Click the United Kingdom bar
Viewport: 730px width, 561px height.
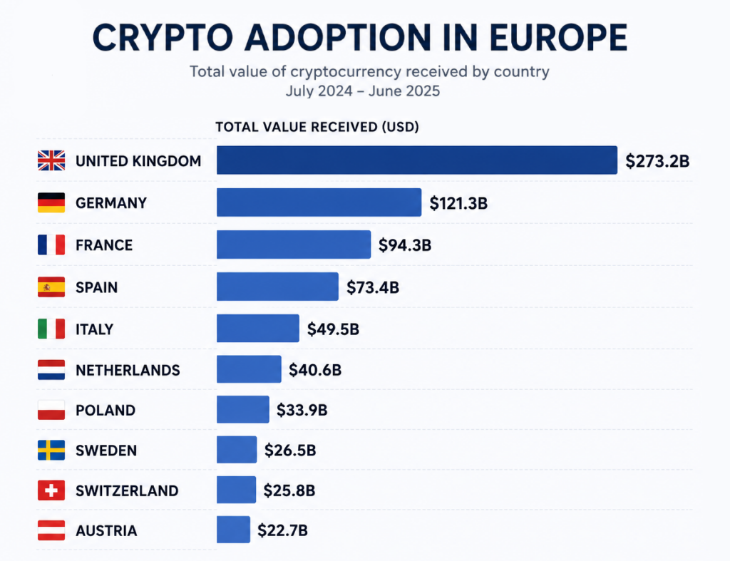[416, 160]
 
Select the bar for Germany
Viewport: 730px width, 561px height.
[319, 202]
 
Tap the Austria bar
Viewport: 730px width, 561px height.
[233, 530]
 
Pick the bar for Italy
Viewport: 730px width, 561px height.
[258, 328]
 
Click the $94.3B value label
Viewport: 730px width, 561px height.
[405, 245]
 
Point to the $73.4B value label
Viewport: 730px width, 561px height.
[372, 287]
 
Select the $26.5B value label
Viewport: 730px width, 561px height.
[290, 451]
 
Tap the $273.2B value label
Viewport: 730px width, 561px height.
[657, 161]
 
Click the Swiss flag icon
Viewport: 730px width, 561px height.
[51, 490]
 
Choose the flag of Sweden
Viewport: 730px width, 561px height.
[51, 451]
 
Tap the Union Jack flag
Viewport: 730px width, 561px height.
[51, 160]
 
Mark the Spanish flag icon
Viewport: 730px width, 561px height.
[51, 287]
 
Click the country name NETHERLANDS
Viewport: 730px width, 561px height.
[128, 370]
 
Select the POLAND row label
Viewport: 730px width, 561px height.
[106, 410]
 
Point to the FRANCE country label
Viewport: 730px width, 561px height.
[104, 245]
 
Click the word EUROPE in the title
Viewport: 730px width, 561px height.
[558, 38]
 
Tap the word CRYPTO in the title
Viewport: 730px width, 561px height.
[163, 38]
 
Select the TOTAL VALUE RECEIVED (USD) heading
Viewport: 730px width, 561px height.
[317, 127]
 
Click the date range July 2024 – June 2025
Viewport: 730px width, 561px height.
[363, 91]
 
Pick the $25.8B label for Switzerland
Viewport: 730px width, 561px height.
[289, 490]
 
